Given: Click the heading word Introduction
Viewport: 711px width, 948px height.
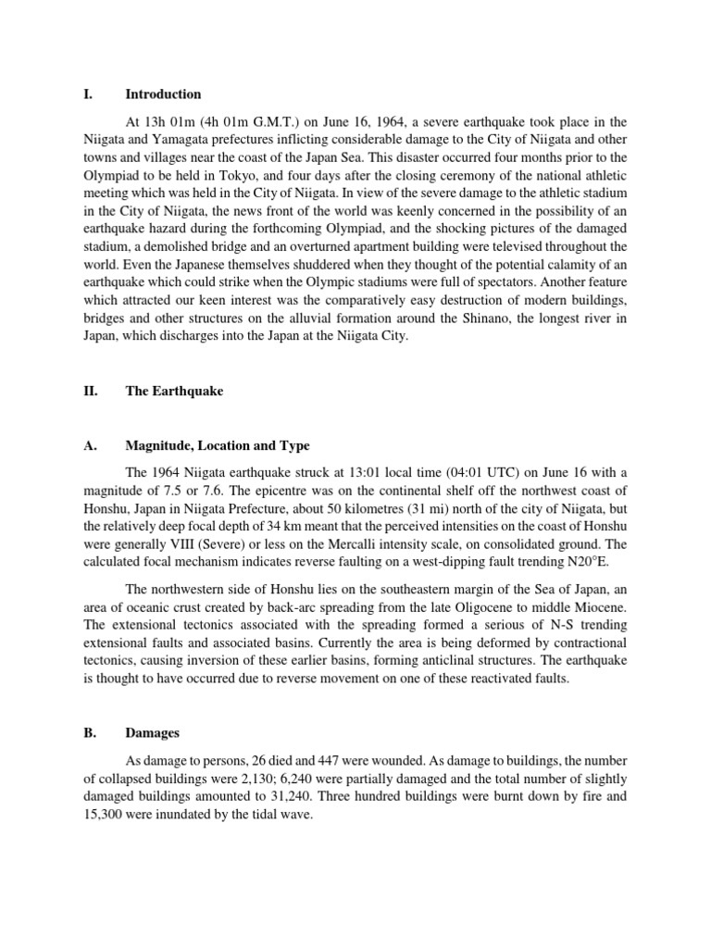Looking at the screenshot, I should coord(163,94).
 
